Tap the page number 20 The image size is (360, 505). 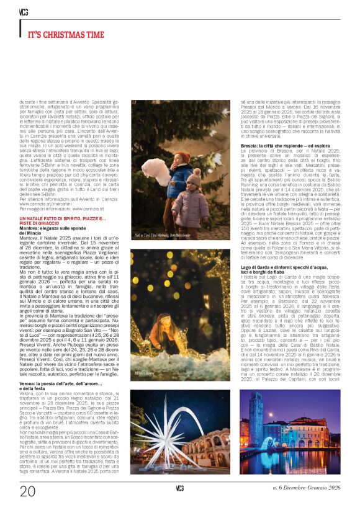28,491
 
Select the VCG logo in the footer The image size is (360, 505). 180,488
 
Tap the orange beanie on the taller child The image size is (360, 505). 182,157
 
